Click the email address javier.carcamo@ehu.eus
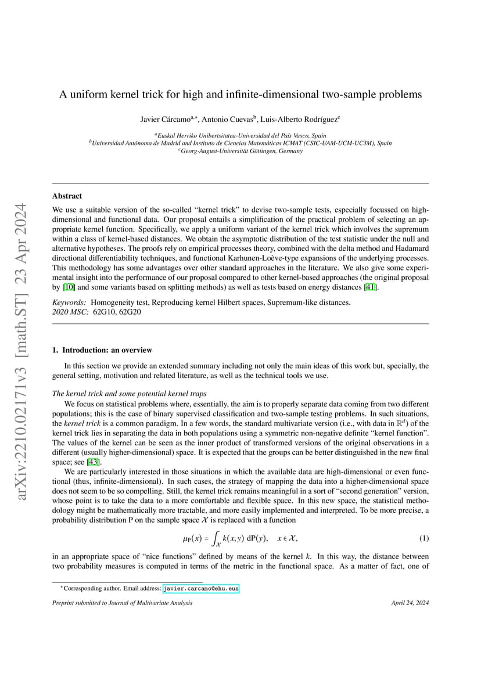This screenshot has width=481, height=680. tap(201, 588)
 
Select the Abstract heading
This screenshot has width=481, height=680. tap(67, 196)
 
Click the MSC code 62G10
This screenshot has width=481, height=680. tap(104, 312)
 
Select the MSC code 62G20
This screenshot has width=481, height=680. tap(130, 312)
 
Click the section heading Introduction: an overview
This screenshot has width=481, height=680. tap(107, 350)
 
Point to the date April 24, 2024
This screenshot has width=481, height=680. tap(410, 603)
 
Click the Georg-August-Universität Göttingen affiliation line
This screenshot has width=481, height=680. tap(240, 151)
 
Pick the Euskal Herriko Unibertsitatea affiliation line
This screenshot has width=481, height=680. tap(240, 135)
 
